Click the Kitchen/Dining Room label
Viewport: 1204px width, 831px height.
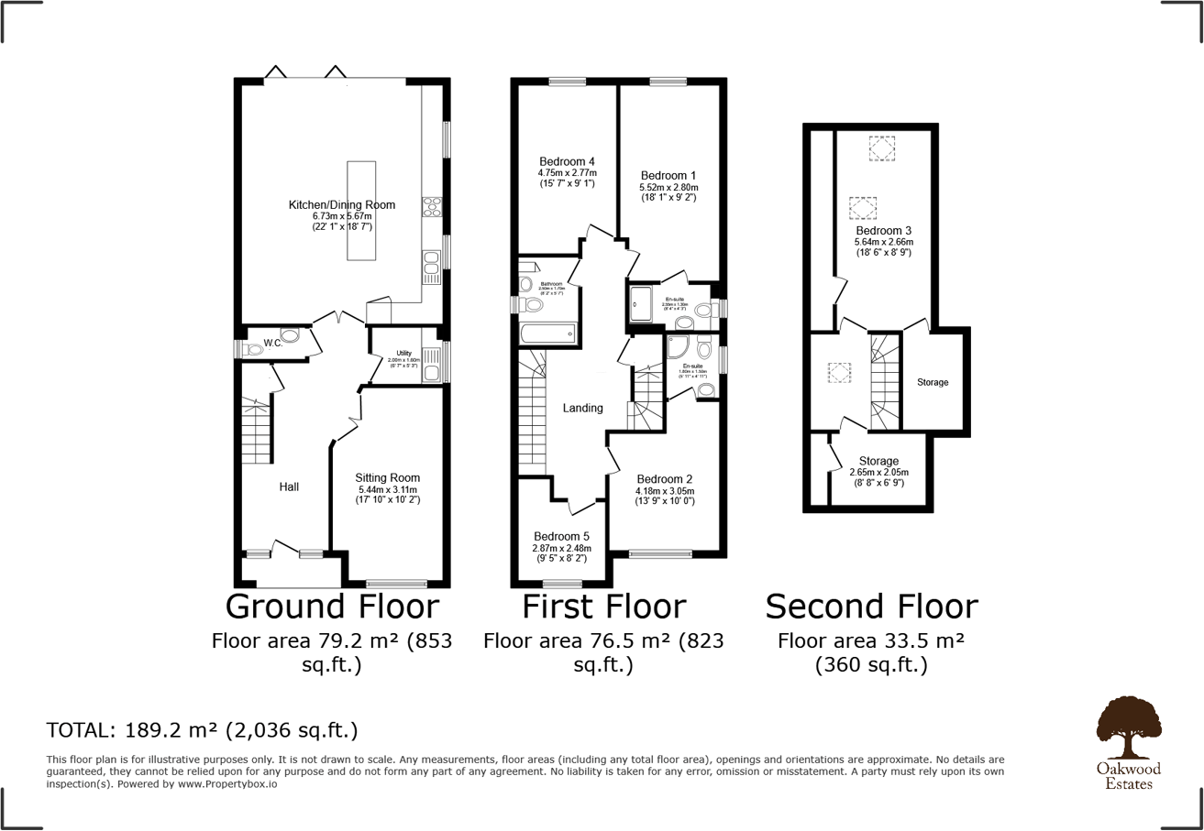tap(342, 205)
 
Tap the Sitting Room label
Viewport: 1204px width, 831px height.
tap(389, 477)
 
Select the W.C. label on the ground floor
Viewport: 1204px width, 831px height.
tap(273, 344)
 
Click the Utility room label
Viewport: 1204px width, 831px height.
tap(404, 353)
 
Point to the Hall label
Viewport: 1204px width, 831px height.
tap(289, 487)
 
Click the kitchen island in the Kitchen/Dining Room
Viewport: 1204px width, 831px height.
tap(361, 212)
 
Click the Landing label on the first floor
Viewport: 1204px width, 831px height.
tap(583, 408)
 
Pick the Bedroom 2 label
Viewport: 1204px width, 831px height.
tap(665, 478)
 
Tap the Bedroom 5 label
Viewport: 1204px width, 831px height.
tap(562, 536)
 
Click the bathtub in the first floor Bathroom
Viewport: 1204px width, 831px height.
tap(547, 333)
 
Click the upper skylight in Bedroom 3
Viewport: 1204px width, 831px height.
tap(882, 148)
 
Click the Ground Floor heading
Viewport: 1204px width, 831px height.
tap(332, 607)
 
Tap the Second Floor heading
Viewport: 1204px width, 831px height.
tap(871, 607)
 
